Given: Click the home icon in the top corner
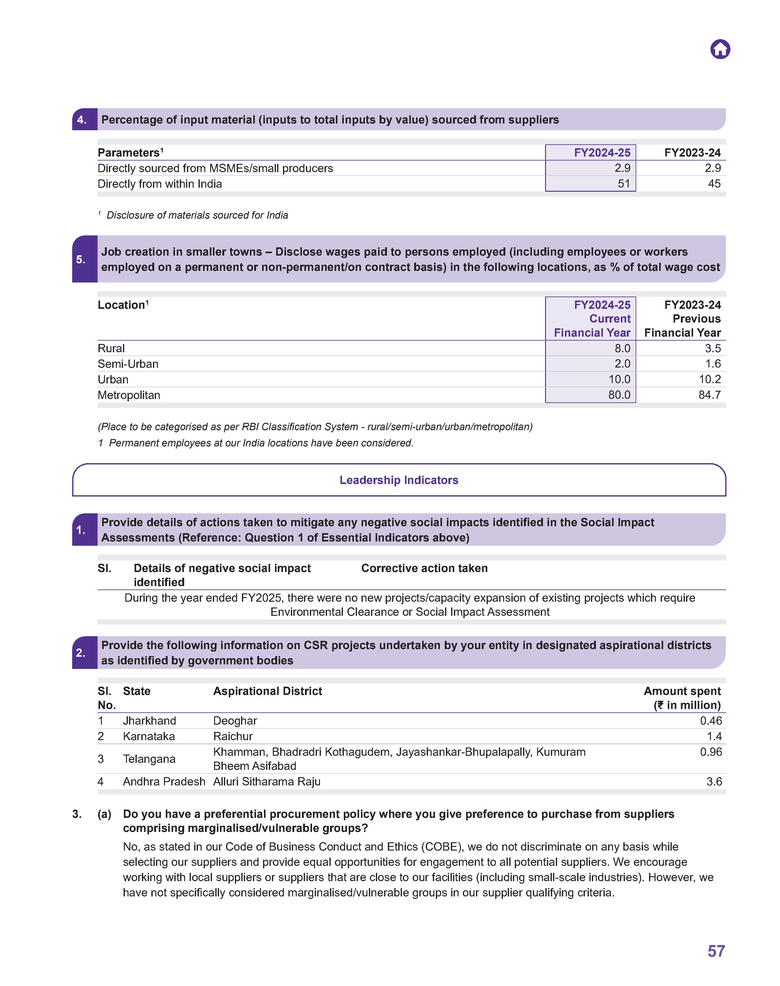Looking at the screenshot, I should pyautogui.click(x=720, y=49).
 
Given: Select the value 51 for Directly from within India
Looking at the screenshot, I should pyautogui.click(x=623, y=184).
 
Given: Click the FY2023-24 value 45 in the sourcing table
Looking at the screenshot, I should pyautogui.click(x=714, y=184).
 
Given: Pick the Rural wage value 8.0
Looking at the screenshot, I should pyautogui.click(x=622, y=348).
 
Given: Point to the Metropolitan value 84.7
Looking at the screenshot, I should pyautogui.click(x=709, y=395).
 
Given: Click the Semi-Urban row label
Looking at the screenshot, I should pyautogui.click(x=128, y=364).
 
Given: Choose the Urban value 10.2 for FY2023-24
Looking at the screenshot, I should pyautogui.click(x=709, y=379).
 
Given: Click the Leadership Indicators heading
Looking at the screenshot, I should pyautogui.click(x=399, y=480).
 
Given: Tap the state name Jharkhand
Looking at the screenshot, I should pyautogui.click(x=149, y=721).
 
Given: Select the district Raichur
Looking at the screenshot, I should pyautogui.click(x=233, y=736).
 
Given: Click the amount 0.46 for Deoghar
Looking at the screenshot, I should pyautogui.click(x=711, y=721).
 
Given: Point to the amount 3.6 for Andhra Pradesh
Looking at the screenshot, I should pyautogui.click(x=714, y=781).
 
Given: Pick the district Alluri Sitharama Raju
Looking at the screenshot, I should pyautogui.click(x=267, y=781).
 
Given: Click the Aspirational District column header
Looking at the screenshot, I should pyautogui.click(x=268, y=691).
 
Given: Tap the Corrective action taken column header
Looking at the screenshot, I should pyautogui.click(x=424, y=568).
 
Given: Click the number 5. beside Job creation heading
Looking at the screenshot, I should pyautogui.click(x=81, y=259).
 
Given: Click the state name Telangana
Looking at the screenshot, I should pyautogui.click(x=149, y=759).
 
